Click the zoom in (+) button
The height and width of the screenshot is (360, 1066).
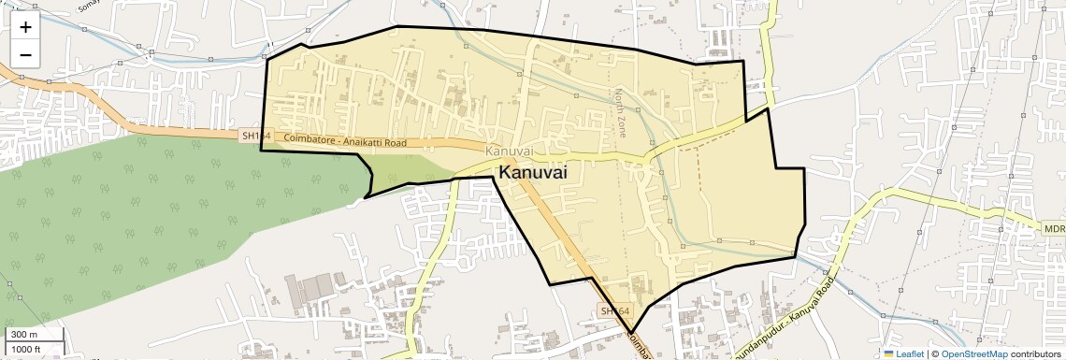(25, 27)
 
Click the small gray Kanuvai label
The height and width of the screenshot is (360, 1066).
(510, 151)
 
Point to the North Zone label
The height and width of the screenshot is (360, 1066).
(619, 113)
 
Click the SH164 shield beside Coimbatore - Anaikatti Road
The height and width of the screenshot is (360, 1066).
(255, 137)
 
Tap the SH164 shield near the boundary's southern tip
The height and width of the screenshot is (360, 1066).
(615, 310)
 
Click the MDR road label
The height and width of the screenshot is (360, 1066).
(1055, 228)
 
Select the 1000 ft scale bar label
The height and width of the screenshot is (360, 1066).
(27, 349)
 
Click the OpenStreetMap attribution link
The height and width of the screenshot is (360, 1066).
(973, 353)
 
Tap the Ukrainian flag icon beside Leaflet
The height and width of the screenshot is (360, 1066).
(888, 353)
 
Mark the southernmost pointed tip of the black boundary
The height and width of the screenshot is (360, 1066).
(632, 332)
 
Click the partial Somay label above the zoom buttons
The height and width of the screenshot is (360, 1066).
(90, 4)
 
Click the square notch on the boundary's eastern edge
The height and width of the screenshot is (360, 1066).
(788, 168)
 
